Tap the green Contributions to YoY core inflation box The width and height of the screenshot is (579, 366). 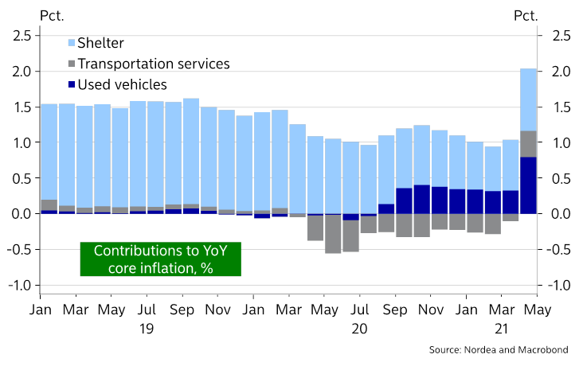159,259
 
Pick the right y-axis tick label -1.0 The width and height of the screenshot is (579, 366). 556,286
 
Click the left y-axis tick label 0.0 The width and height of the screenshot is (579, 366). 22,214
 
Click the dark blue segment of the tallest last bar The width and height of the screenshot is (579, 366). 527,185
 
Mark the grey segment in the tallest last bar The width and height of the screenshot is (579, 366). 527,144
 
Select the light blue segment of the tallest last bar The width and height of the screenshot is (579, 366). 527,99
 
